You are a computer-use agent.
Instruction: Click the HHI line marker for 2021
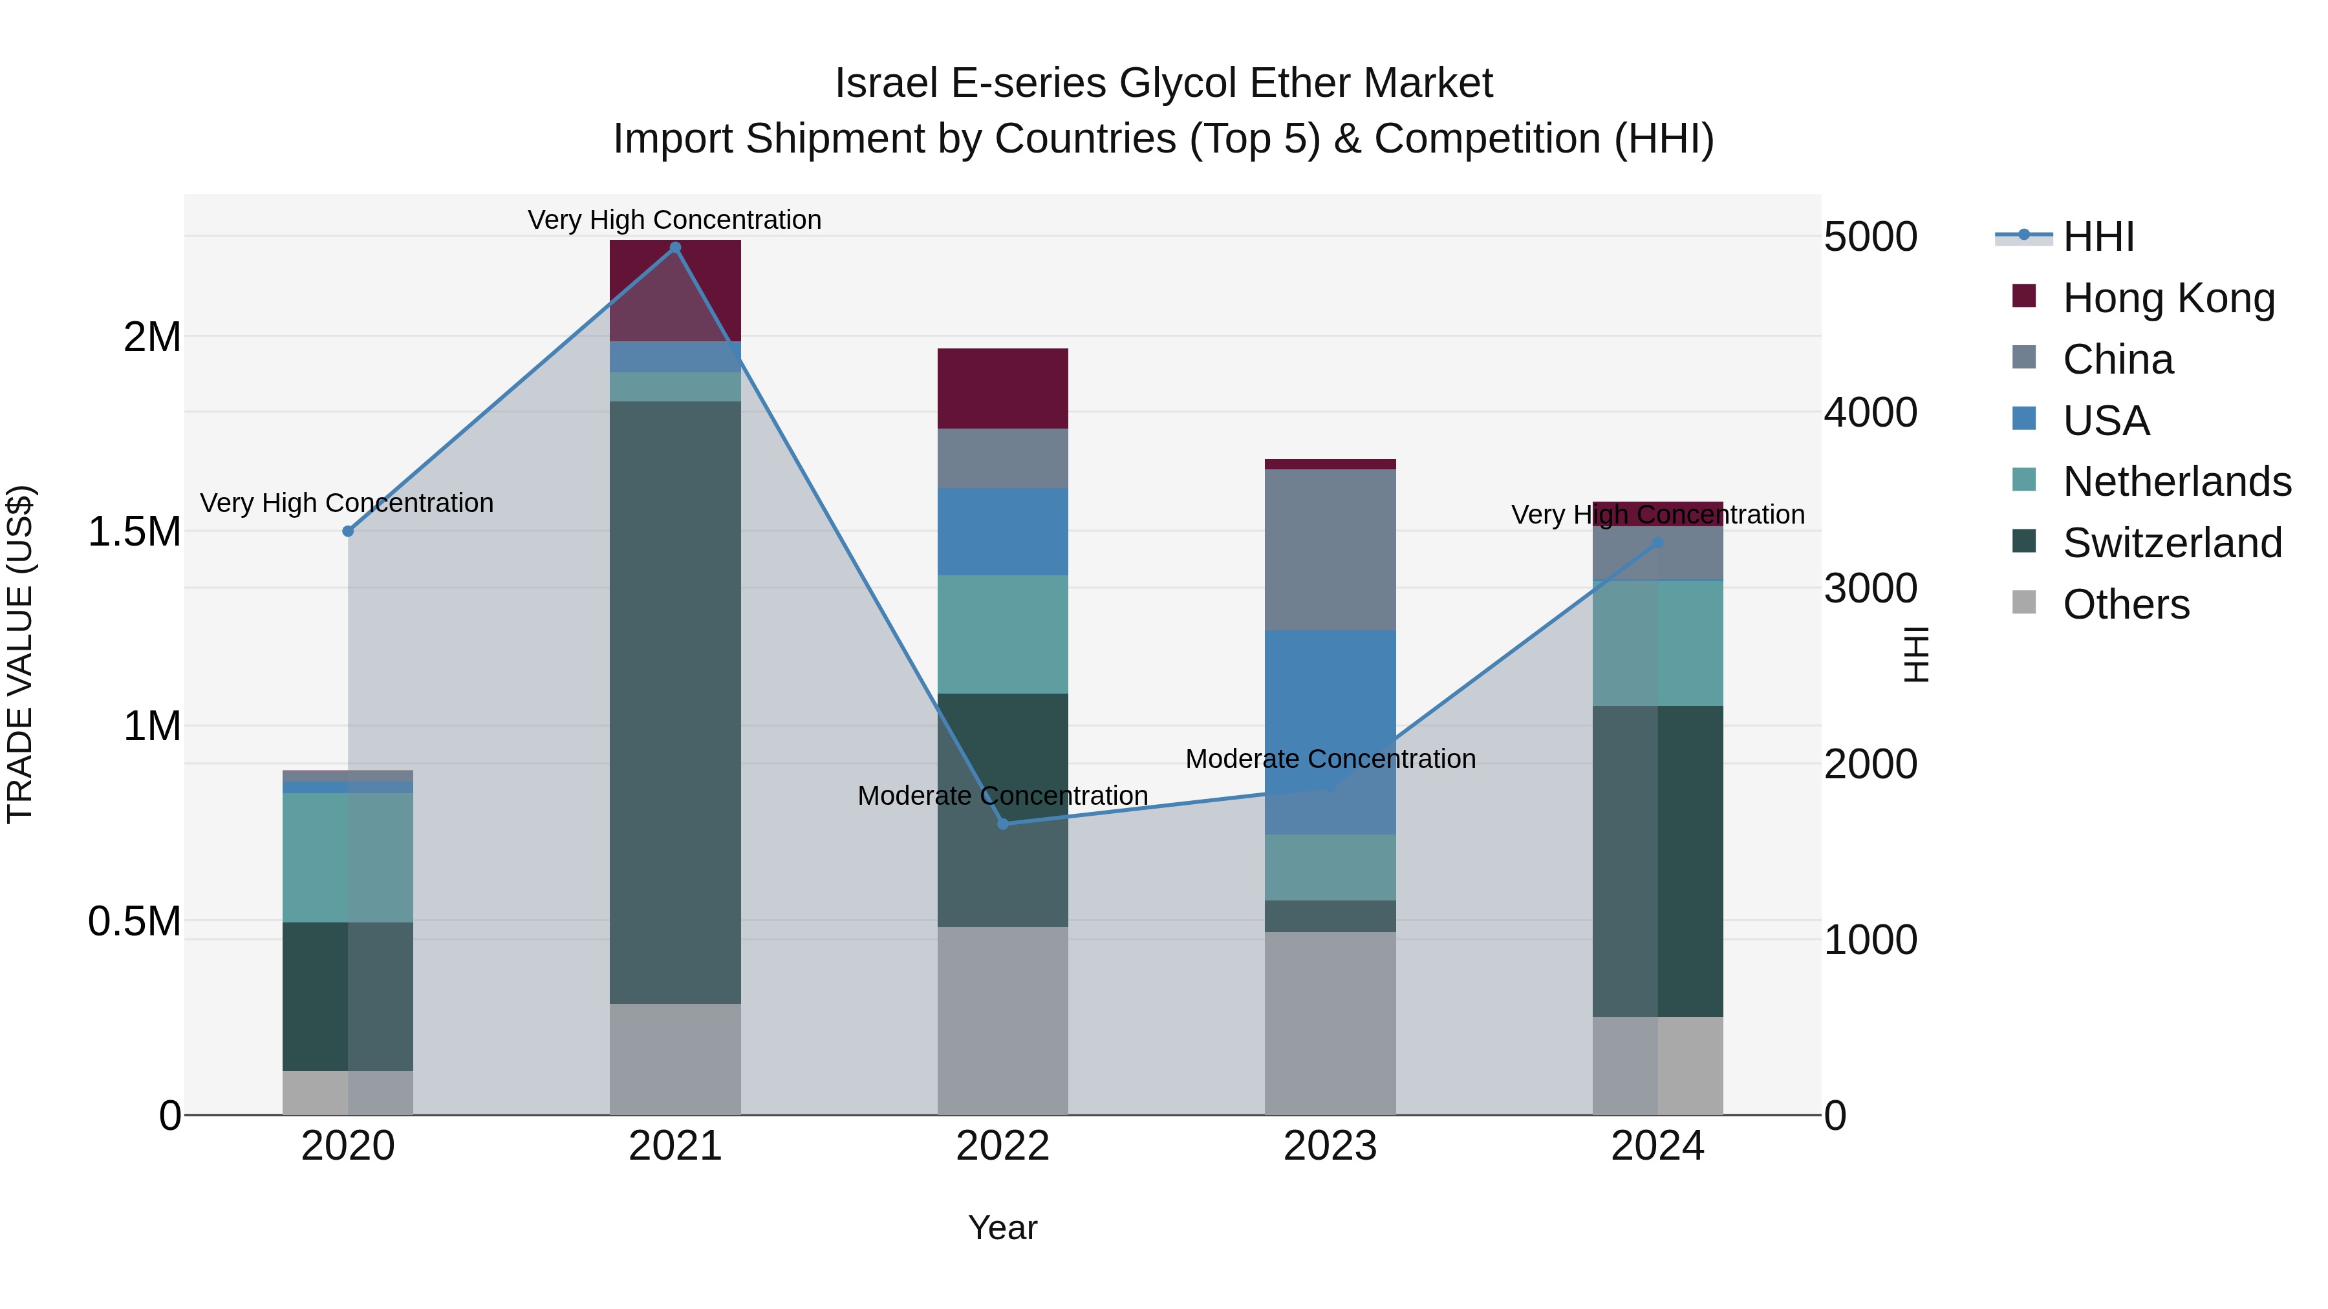point(675,248)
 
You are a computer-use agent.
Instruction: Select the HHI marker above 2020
point(348,531)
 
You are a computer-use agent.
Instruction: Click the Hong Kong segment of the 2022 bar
point(1002,388)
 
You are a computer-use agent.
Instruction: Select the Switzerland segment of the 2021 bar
point(675,702)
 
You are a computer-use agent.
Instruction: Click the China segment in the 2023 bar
point(1330,549)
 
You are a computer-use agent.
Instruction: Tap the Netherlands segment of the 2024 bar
point(1657,643)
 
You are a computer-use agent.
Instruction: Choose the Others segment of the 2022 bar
point(1002,1020)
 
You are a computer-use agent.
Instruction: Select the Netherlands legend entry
point(2176,482)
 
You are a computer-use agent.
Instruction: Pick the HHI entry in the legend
point(2098,237)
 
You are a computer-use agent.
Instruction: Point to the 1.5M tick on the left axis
point(134,531)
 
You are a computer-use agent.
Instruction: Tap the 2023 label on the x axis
point(1330,1146)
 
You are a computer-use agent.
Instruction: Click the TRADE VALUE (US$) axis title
point(20,654)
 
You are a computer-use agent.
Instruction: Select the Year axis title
point(1002,1228)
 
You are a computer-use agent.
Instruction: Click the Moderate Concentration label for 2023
point(1330,759)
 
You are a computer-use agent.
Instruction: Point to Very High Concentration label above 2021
point(674,220)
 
